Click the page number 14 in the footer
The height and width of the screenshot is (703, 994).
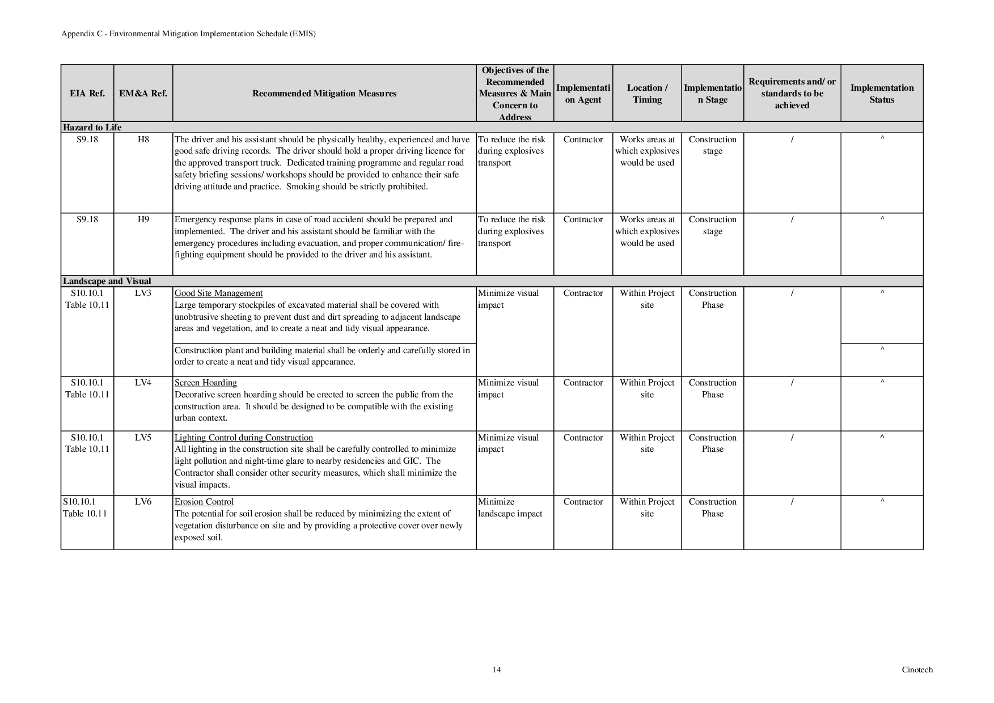pyautogui.click(x=496, y=670)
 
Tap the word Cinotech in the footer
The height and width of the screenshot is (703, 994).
pyautogui.click(x=917, y=670)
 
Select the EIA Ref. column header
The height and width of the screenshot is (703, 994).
pyautogui.click(x=87, y=94)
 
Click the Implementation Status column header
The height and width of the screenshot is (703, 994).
pyautogui.click(x=882, y=94)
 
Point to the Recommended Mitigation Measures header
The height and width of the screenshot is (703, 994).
pyautogui.click(x=324, y=94)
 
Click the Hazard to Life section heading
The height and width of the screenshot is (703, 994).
pyautogui.click(x=92, y=127)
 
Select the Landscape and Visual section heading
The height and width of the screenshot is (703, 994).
pyautogui.click(x=107, y=281)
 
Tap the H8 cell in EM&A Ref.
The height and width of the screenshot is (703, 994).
pyautogui.click(x=143, y=139)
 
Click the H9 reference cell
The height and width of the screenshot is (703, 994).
pyautogui.click(x=143, y=219)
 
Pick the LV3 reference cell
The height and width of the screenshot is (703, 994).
pyautogui.click(x=143, y=293)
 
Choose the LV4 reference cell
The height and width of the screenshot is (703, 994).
pyautogui.click(x=143, y=383)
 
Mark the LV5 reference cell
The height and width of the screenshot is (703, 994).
pyautogui.click(x=143, y=438)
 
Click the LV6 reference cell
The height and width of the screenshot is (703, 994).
pyautogui.click(x=143, y=502)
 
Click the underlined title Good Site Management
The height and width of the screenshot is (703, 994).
pyautogui.click(x=218, y=293)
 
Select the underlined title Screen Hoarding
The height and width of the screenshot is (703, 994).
pyautogui.click(x=205, y=383)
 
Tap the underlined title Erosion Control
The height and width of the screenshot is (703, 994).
pyautogui.click(x=204, y=502)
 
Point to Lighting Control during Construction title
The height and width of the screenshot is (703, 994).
pyautogui.click(x=243, y=438)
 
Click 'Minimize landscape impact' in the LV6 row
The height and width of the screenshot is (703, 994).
pyautogui.click(x=510, y=508)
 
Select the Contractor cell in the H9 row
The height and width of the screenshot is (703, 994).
pyautogui.click(x=583, y=219)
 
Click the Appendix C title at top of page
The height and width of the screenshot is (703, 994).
pyautogui.click(x=188, y=33)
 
